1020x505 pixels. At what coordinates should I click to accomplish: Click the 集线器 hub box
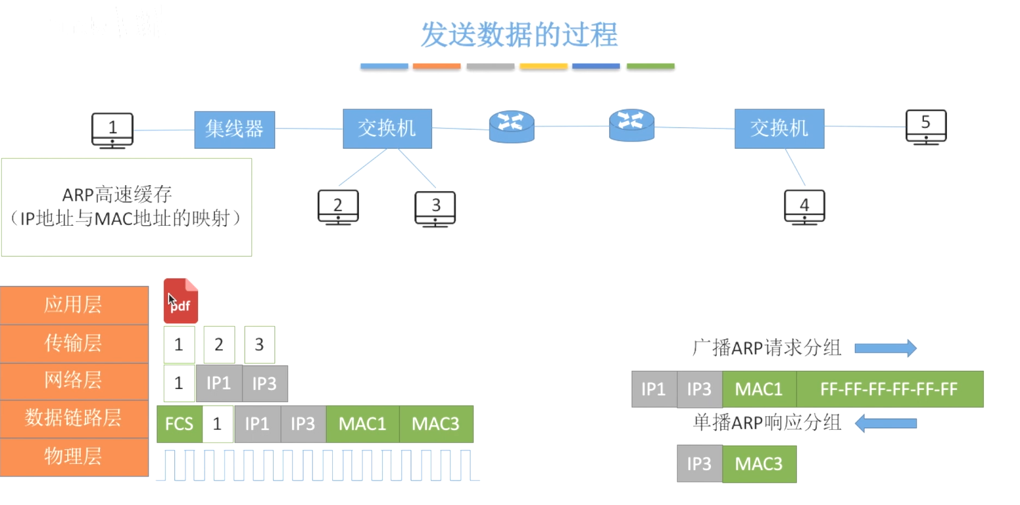(x=234, y=130)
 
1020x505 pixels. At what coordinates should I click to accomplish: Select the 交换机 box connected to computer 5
(x=779, y=128)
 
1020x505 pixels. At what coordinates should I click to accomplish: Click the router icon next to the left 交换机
(x=512, y=126)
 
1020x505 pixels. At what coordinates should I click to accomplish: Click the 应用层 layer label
(x=74, y=305)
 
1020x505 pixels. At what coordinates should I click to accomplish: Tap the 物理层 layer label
(x=74, y=457)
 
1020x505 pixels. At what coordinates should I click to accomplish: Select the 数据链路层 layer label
(x=74, y=419)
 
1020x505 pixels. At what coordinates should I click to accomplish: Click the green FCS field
(x=180, y=423)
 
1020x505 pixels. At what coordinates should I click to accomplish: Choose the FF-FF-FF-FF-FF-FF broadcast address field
(x=889, y=389)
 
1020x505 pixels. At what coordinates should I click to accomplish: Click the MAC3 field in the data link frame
(x=435, y=423)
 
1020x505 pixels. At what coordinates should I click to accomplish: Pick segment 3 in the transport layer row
(x=259, y=344)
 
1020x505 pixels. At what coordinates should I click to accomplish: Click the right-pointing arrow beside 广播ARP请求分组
(x=885, y=348)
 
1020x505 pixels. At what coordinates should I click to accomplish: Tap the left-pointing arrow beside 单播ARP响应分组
(x=885, y=423)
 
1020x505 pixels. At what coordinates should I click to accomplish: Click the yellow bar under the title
(x=543, y=66)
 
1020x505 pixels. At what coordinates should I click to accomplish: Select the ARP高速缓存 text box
(x=126, y=207)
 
